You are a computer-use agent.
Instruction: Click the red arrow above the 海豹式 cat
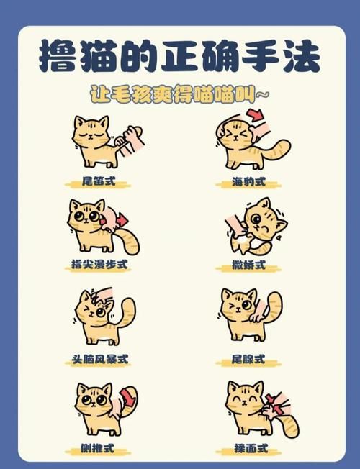click(256, 115)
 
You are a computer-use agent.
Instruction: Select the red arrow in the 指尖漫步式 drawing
click(122, 219)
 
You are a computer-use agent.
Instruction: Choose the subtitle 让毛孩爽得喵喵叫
click(180, 94)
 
